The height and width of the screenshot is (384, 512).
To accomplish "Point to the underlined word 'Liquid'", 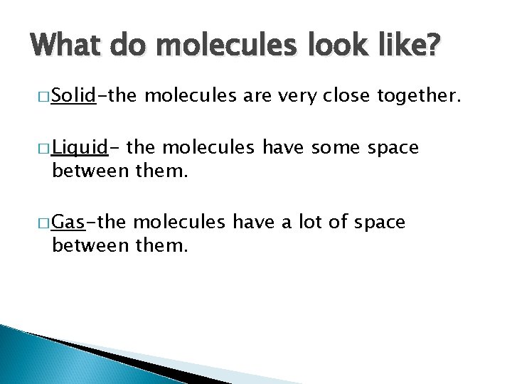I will point(80,148).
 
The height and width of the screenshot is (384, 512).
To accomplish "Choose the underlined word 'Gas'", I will point(69,222).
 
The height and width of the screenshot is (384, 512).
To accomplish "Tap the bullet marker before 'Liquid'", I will point(45,149).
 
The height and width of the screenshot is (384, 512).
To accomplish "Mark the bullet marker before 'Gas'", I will point(45,223).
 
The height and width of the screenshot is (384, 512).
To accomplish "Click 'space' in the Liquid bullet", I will point(393,149).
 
